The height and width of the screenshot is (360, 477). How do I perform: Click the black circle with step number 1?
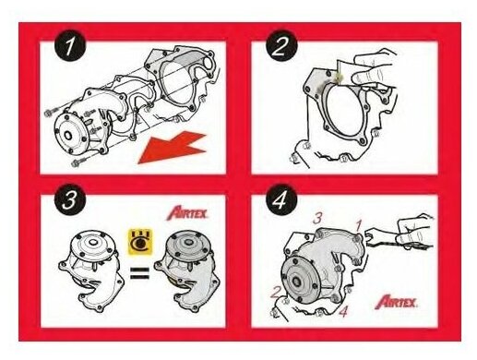pos(70,45)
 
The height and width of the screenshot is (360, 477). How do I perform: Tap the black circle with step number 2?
pos(281,45)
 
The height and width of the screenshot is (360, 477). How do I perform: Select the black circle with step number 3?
pos(70,199)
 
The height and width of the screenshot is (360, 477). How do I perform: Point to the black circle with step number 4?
pos(281,199)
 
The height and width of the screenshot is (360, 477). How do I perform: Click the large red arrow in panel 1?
pos(173,148)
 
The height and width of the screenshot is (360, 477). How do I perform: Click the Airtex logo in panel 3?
pos(187,213)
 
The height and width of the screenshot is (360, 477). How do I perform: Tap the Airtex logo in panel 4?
pos(396,302)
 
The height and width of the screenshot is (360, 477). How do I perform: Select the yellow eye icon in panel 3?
pos(140,242)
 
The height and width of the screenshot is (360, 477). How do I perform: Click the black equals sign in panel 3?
pos(139,272)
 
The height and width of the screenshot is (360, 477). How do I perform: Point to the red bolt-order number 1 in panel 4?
pos(359,225)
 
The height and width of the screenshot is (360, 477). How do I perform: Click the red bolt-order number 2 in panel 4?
pos(276,293)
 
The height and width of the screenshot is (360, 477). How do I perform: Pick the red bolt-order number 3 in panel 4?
pos(317,218)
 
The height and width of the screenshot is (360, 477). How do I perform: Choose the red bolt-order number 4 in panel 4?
pos(343,311)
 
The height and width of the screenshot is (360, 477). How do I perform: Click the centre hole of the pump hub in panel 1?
pos(67,135)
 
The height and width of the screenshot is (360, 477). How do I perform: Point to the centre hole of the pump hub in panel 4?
pos(297,282)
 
